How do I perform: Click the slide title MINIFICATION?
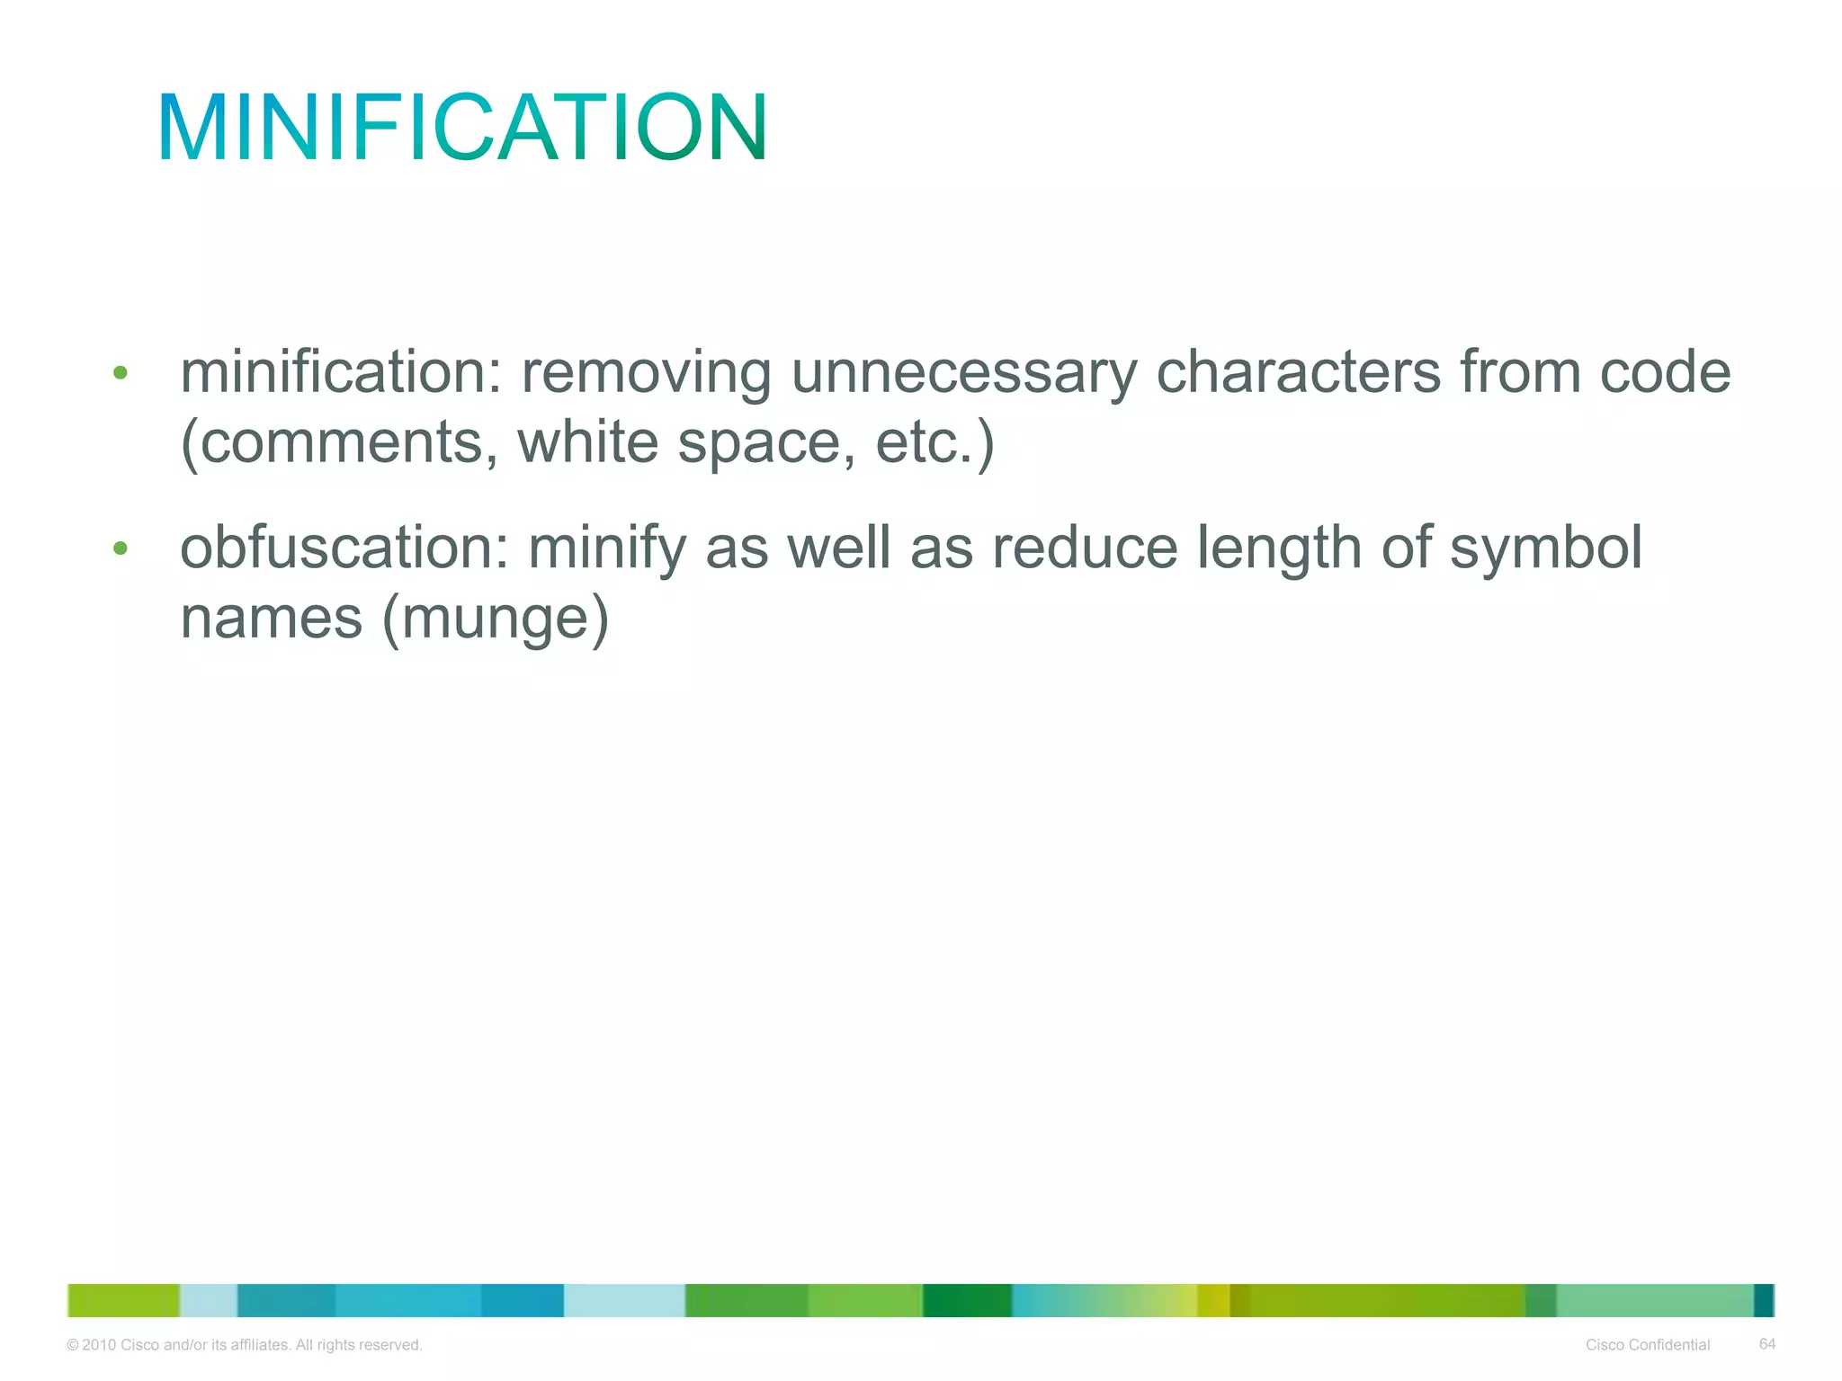[x=462, y=128]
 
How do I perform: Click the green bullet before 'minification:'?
[x=121, y=372]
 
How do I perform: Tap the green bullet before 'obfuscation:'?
[x=121, y=548]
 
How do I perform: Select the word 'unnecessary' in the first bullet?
[x=963, y=372]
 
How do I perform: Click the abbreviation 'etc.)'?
[x=934, y=442]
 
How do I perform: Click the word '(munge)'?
[x=496, y=619]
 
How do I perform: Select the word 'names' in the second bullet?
[x=272, y=619]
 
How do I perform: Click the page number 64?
[x=1766, y=1344]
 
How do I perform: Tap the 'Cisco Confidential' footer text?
[x=1648, y=1345]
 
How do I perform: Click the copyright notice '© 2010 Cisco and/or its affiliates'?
[x=245, y=1345]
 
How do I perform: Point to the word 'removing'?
[x=646, y=372]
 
